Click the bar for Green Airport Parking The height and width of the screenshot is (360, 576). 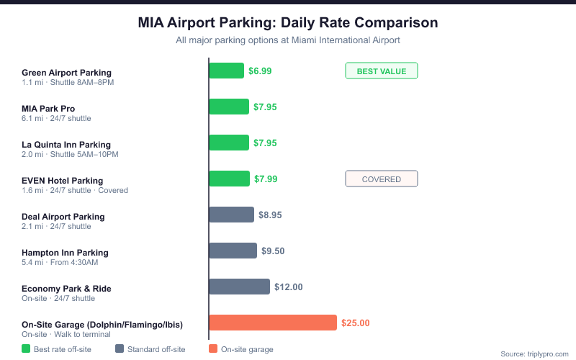click(226, 71)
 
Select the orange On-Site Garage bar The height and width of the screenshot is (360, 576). click(272, 323)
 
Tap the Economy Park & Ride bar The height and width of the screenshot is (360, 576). click(239, 287)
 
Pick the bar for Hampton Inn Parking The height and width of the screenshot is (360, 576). click(233, 251)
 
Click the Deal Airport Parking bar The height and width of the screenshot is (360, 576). click(231, 215)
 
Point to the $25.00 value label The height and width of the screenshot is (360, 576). click(355, 323)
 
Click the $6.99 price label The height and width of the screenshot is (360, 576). click(260, 71)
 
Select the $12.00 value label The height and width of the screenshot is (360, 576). click(288, 287)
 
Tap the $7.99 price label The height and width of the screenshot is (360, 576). click(265, 179)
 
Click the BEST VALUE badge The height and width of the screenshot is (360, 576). click(382, 71)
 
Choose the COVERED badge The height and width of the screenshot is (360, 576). click(382, 179)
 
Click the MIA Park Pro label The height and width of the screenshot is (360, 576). click(48, 109)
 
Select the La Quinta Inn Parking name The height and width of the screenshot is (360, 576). click(66, 145)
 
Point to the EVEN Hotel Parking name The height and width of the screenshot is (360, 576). click(62, 181)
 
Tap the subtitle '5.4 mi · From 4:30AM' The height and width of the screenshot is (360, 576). click(60, 262)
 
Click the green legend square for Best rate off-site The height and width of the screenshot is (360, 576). click(26, 349)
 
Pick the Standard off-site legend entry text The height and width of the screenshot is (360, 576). click(156, 349)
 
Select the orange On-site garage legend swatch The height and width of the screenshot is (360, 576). click(212, 349)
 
